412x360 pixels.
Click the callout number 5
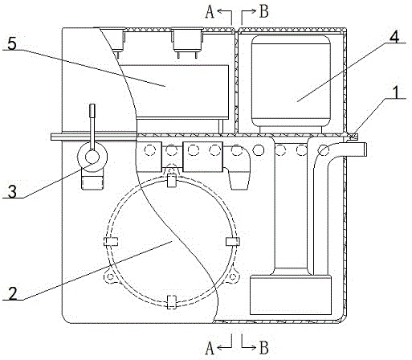[x=12, y=43]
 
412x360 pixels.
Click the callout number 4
[x=394, y=36]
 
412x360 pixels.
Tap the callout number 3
[x=12, y=191]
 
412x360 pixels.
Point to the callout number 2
[x=13, y=293]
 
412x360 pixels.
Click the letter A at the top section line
[x=210, y=12]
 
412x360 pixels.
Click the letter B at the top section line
[x=264, y=12]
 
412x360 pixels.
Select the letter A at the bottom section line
[x=210, y=348]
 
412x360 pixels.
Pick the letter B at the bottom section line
[x=264, y=348]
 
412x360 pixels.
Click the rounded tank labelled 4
[x=291, y=81]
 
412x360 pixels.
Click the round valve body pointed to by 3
[x=92, y=157]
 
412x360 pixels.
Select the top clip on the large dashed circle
[x=172, y=180]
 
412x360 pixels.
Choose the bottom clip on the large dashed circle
[x=172, y=302]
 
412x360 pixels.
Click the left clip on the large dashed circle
[x=111, y=242]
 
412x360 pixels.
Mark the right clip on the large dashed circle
[x=233, y=242]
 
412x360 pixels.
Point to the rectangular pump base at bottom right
[x=291, y=296]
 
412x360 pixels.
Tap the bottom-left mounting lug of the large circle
[x=109, y=276]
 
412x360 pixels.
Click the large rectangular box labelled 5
[x=175, y=92]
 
